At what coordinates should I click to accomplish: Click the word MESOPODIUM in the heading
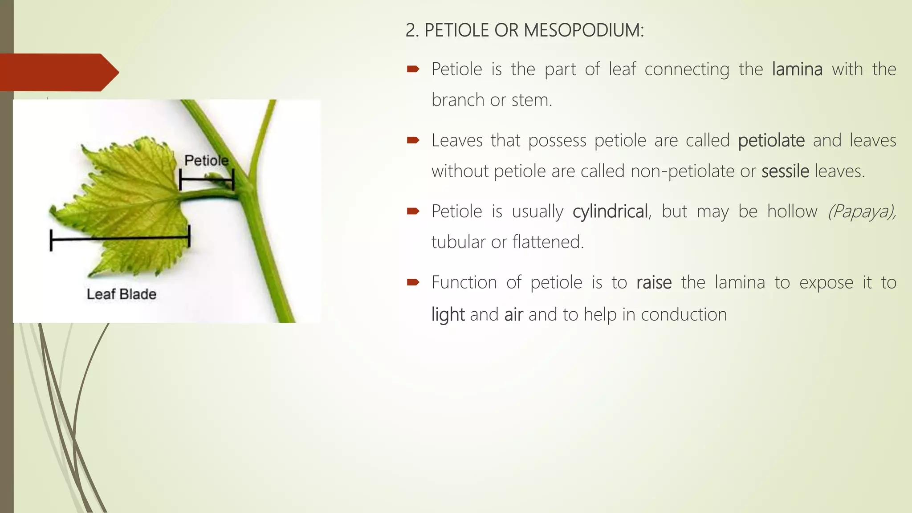click(x=583, y=30)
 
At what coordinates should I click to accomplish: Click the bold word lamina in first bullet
click(x=797, y=69)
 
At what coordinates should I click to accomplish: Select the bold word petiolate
click(x=771, y=141)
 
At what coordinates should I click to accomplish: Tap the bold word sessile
click(x=785, y=171)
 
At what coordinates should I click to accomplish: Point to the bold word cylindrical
click(x=610, y=212)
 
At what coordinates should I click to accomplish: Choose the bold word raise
click(x=654, y=283)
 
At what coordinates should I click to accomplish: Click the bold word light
click(x=448, y=315)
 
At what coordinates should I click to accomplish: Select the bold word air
click(x=513, y=315)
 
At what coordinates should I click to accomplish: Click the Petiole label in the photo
click(x=207, y=160)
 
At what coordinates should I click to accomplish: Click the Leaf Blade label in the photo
click(x=122, y=294)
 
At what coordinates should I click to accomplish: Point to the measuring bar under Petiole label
click(x=206, y=180)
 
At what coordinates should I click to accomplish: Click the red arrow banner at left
click(x=58, y=73)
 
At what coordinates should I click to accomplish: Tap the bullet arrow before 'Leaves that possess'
click(x=413, y=141)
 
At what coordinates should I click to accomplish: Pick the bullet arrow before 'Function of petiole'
click(x=413, y=282)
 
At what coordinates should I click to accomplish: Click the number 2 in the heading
click(x=410, y=30)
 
